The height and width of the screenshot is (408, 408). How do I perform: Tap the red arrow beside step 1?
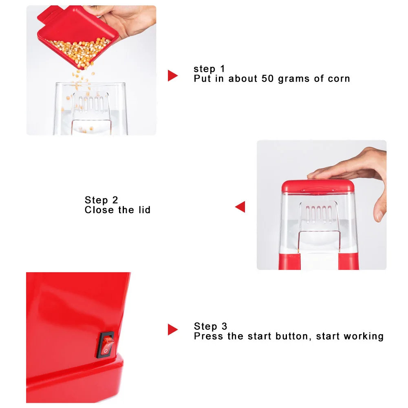pyautogui.click(x=172, y=75)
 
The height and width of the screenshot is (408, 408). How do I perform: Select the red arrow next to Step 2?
pyautogui.click(x=240, y=207)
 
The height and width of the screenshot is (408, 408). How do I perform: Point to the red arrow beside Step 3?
pyautogui.click(x=172, y=329)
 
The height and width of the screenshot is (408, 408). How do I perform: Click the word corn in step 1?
pyautogui.click(x=339, y=79)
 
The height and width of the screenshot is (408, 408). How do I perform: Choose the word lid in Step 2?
pyautogui.click(x=144, y=210)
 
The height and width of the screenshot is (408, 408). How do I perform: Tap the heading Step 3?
pyautogui.click(x=210, y=326)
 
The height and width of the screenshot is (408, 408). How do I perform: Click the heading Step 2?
pyautogui.click(x=101, y=200)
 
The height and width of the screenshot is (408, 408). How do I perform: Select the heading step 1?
pyautogui.click(x=209, y=68)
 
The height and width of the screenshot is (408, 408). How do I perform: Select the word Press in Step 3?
pyautogui.click(x=207, y=336)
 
